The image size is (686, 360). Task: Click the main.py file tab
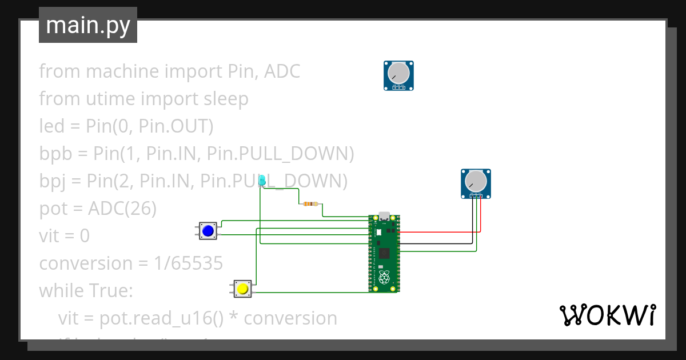(x=87, y=25)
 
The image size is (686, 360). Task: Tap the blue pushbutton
(x=208, y=231)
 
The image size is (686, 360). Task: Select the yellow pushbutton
(x=242, y=289)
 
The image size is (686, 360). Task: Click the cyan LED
(x=262, y=181)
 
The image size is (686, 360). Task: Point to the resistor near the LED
(x=310, y=203)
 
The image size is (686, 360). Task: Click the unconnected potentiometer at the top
(x=398, y=75)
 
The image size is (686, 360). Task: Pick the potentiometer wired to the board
(x=476, y=183)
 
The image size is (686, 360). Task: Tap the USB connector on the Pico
(x=384, y=217)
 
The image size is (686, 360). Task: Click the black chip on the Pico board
(x=384, y=253)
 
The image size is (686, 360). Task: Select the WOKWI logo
(x=607, y=315)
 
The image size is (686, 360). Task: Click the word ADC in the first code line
(x=282, y=71)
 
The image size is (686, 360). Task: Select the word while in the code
(x=61, y=291)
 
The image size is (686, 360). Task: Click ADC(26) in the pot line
(x=122, y=209)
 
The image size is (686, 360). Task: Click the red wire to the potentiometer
(x=440, y=232)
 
